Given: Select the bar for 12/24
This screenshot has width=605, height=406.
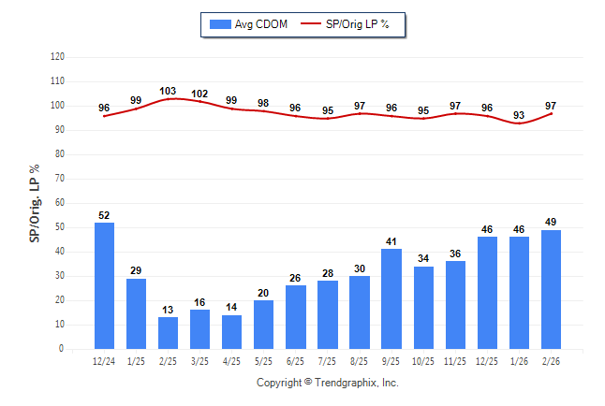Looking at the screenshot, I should click(104, 285).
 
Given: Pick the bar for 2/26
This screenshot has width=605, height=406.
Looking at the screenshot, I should click(551, 289).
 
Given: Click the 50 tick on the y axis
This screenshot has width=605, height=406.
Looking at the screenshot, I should click(59, 227).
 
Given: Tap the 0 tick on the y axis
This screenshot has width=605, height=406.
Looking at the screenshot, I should click(62, 349).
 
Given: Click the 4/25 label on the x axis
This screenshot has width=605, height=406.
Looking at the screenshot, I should click(231, 361).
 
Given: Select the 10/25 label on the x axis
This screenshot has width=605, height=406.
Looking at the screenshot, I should click(423, 361).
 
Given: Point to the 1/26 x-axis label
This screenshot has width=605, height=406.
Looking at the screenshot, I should click(519, 361).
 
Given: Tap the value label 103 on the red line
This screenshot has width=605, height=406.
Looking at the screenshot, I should click(168, 91).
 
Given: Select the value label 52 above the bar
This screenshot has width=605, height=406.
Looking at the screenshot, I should click(104, 215).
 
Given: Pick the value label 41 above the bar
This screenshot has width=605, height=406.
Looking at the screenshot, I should click(391, 241).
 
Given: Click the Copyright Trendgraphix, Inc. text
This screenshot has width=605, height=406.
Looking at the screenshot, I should click(328, 383).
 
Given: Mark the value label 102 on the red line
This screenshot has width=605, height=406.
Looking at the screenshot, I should click(199, 93).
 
